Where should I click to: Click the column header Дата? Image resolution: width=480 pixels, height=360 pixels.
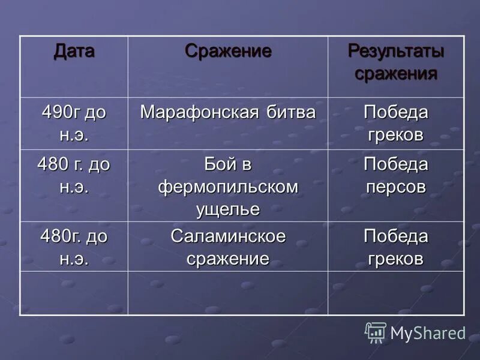pos(74,51)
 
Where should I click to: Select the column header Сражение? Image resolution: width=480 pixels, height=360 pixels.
pos(228,51)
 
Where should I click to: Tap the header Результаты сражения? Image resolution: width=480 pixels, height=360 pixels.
pos(396,62)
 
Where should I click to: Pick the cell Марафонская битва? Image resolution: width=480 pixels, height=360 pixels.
pos(228,112)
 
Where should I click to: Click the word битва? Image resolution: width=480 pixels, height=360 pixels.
pos(292,112)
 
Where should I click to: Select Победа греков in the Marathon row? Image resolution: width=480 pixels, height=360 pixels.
pos(396,123)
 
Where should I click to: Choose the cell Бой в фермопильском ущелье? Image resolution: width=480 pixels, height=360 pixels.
pos(228,187)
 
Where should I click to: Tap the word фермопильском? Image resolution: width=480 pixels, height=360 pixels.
pos(228,187)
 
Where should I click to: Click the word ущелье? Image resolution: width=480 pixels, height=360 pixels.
pos(228,209)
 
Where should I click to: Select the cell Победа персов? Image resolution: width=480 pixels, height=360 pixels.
pos(396,175)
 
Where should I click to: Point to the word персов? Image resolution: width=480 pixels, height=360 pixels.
pos(396,187)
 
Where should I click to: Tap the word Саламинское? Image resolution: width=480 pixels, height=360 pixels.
pos(228,236)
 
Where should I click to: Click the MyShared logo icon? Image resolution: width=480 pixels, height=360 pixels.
pos(376,332)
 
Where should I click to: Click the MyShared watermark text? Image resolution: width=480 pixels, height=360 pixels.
pos(428,333)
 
